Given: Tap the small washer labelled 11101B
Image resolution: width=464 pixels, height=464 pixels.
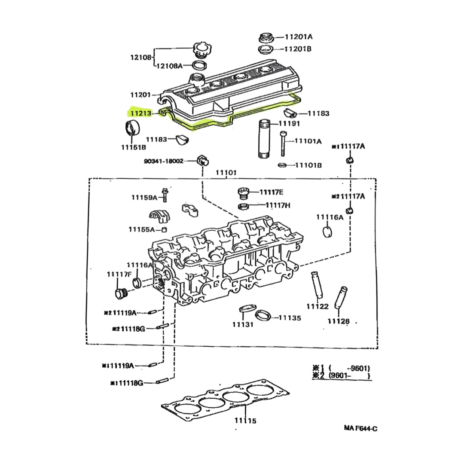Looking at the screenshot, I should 282,165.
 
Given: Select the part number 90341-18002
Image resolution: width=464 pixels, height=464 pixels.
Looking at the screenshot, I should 164,161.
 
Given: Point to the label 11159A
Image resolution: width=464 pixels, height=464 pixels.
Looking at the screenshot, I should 144,198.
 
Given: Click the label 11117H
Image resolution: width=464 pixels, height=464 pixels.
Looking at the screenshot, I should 278,205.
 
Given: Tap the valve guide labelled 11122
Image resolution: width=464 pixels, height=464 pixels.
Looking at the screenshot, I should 317,285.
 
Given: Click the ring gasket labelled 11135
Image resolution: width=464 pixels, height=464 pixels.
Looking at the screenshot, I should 263,316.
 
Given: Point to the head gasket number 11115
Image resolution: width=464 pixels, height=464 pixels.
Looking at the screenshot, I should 245,421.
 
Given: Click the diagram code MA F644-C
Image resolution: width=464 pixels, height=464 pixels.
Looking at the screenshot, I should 360,428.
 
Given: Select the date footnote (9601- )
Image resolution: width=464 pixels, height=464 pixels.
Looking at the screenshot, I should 349,376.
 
